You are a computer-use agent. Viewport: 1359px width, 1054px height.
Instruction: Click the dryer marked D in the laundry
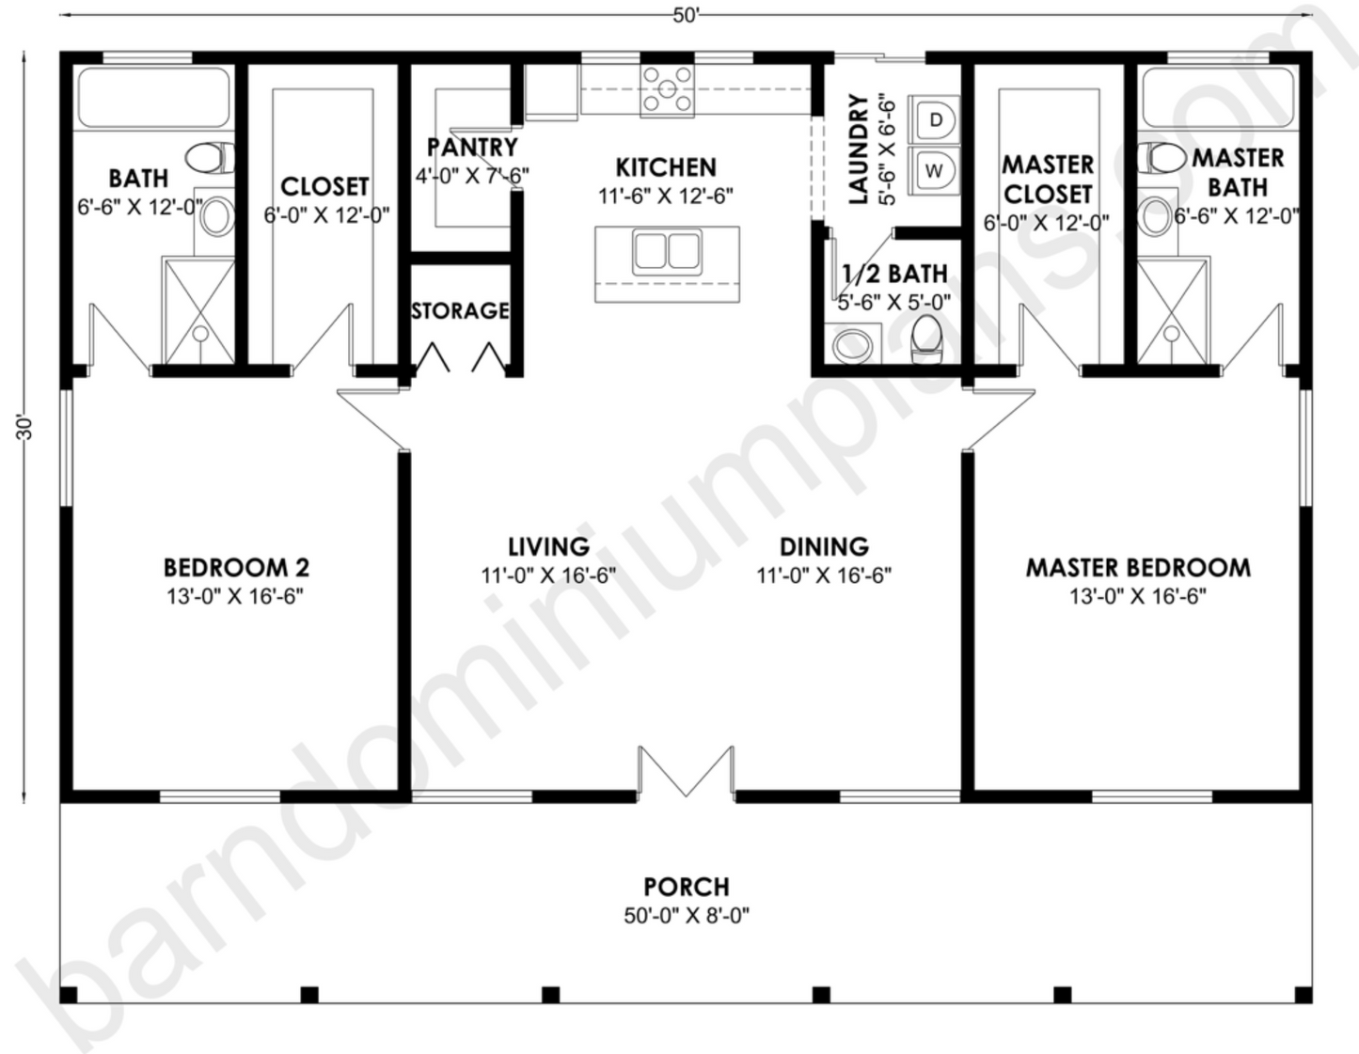coord(934,120)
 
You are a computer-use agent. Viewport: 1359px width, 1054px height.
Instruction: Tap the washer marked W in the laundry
coord(934,170)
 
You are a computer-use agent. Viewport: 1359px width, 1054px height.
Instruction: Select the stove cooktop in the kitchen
coord(667,91)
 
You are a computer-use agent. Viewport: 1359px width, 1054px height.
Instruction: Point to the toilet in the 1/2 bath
coord(927,336)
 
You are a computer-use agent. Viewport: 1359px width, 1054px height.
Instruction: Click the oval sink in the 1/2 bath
coord(855,344)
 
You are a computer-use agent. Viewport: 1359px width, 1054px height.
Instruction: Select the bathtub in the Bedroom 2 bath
coord(153,98)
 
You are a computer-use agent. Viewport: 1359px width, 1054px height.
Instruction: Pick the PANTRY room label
coord(472,148)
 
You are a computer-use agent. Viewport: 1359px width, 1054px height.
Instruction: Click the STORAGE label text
coord(460,310)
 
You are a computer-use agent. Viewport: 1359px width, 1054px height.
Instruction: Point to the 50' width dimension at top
coord(686,16)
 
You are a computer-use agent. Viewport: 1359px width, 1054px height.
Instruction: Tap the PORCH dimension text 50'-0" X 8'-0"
coord(686,915)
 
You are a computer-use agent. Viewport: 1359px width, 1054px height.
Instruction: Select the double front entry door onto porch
coord(686,773)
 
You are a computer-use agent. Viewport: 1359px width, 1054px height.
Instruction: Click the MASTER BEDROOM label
coord(1138,568)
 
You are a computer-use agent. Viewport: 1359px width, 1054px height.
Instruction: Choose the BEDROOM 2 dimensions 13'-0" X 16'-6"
coord(235,596)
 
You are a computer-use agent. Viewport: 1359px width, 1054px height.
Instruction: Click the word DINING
coord(824,546)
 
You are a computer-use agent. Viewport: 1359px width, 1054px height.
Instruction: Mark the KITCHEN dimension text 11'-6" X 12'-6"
coord(666,197)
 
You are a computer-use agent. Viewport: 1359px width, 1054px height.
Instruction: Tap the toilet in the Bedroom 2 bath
coord(209,157)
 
